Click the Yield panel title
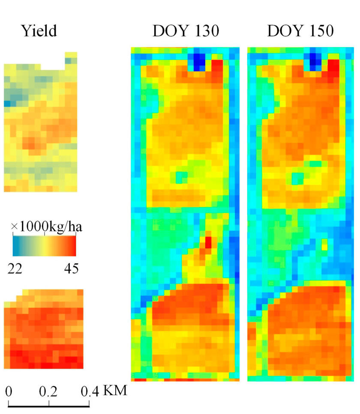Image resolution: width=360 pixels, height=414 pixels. coord(39,31)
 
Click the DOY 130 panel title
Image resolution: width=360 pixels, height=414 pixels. coord(185,31)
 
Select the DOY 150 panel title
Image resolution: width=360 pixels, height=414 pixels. coord(300,31)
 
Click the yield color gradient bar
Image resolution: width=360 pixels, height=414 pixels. coord(45,246)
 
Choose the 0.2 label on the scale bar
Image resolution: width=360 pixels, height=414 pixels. coord(49,391)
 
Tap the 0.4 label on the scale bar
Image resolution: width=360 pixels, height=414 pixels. coord(89,391)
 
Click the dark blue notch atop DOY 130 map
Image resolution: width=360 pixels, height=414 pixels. coord(199,61)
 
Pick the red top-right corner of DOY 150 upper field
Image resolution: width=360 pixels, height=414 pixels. coord(333,66)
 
